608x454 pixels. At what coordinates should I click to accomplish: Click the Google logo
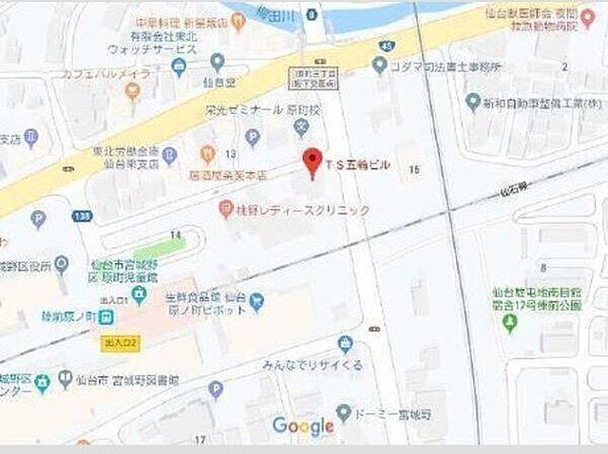[x=303, y=426]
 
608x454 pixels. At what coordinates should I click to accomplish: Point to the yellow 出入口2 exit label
[x=121, y=339]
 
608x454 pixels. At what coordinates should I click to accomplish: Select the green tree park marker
[x=509, y=325]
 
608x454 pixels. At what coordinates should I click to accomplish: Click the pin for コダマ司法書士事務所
[x=379, y=65]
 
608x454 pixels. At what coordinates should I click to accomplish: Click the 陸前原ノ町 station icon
[x=139, y=296]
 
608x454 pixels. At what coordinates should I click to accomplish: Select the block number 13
[x=231, y=154]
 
